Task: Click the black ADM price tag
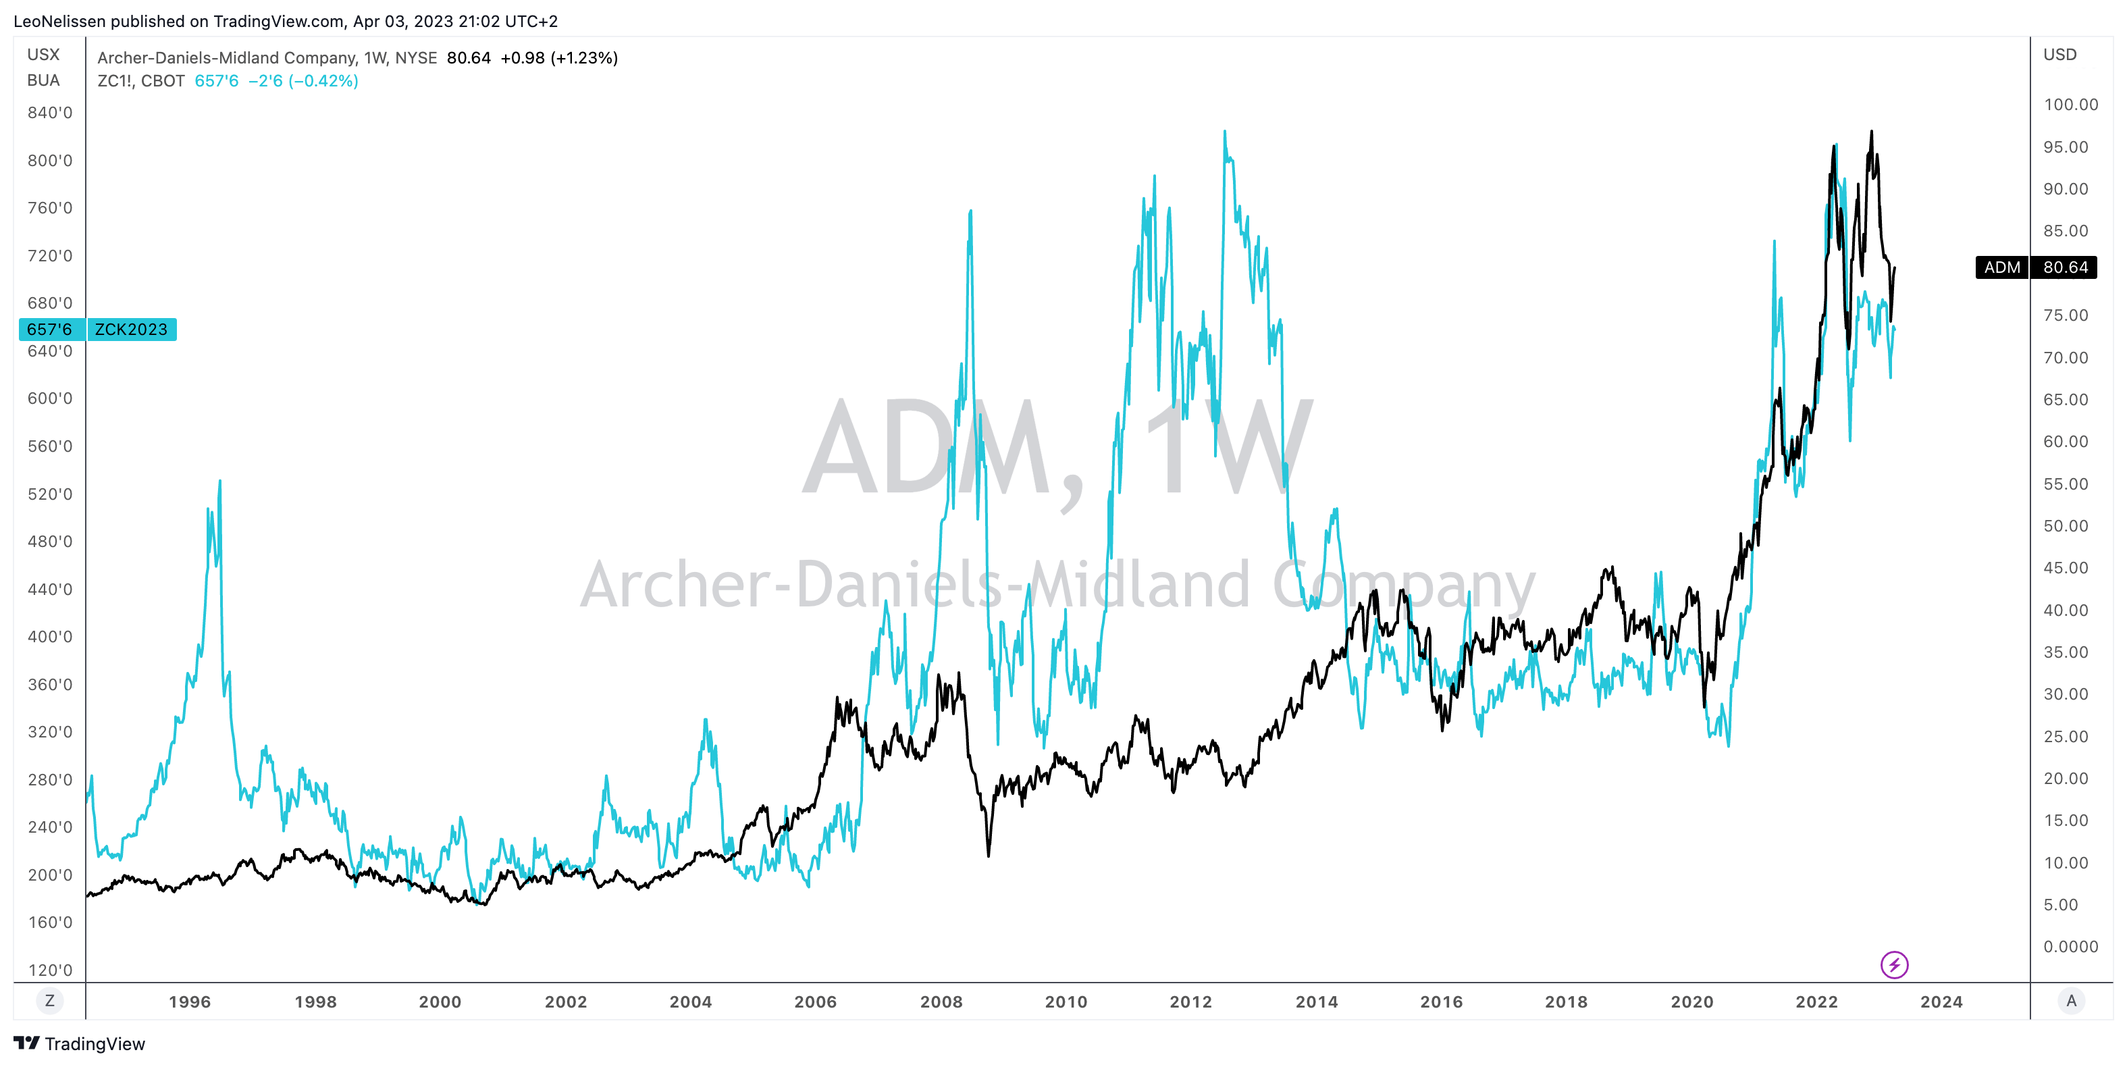pyautogui.click(x=2035, y=267)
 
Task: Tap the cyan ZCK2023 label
pyautogui.click(x=130, y=330)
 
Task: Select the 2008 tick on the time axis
pyautogui.click(x=941, y=1001)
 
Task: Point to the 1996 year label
pyautogui.click(x=189, y=1001)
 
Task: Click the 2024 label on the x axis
pyautogui.click(x=1941, y=1001)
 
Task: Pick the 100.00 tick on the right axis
pyautogui.click(x=2070, y=104)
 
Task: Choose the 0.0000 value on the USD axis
pyautogui.click(x=2070, y=946)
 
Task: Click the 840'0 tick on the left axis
pyautogui.click(x=49, y=112)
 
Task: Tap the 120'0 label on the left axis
pyautogui.click(x=49, y=970)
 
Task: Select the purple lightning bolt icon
pyautogui.click(x=1894, y=964)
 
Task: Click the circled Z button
pyautogui.click(x=49, y=1001)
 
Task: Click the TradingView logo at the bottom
pyautogui.click(x=79, y=1044)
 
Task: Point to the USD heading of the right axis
pyautogui.click(x=2059, y=55)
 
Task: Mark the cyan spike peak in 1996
pyautogui.click(x=219, y=481)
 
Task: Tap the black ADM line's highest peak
pyautogui.click(x=1871, y=131)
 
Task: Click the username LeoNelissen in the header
pyautogui.click(x=58, y=22)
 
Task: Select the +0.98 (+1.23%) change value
pyautogui.click(x=559, y=58)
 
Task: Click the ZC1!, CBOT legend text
pyautogui.click(x=140, y=81)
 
